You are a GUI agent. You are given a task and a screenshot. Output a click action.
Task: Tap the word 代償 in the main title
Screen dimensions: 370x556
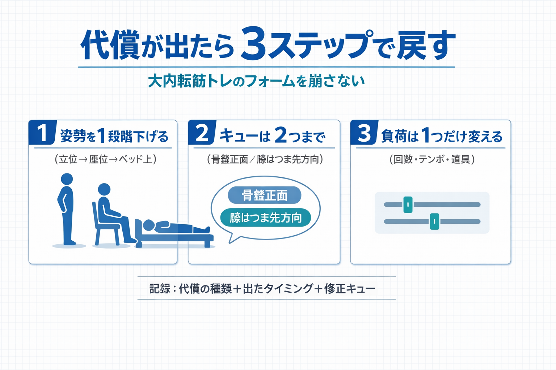click(110, 45)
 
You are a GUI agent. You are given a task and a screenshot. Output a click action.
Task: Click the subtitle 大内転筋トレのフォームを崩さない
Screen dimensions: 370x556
click(256, 81)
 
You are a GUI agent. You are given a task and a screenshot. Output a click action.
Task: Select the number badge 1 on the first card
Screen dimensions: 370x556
click(42, 133)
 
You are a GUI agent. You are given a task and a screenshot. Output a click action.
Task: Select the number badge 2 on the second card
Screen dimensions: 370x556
click(202, 133)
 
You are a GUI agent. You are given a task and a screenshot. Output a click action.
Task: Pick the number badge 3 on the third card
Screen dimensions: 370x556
click(364, 133)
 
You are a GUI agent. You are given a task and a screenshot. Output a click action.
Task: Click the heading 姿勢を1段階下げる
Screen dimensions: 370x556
click(114, 136)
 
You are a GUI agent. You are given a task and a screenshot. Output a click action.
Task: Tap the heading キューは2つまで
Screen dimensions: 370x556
click(272, 136)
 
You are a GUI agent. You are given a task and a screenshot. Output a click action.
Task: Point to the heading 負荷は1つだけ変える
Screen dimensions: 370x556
click(442, 136)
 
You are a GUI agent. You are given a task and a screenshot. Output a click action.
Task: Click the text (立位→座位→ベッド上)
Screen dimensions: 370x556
click(105, 159)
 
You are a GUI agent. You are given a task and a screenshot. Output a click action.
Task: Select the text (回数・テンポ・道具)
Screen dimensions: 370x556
click(432, 159)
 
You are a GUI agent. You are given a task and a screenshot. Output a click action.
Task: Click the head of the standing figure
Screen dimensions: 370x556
click(67, 179)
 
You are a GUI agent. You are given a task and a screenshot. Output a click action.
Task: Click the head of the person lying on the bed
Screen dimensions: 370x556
click(148, 225)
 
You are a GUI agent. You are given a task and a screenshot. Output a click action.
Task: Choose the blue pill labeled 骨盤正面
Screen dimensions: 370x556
click(265, 195)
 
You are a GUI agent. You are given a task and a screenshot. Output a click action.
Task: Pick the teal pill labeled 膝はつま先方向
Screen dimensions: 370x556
click(265, 218)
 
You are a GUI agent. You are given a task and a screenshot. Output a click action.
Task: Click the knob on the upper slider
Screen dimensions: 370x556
click(408, 205)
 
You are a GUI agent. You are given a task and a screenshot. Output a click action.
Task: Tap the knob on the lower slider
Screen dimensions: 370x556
click(434, 221)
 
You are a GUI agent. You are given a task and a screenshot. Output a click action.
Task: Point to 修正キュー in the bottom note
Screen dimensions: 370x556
click(350, 288)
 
